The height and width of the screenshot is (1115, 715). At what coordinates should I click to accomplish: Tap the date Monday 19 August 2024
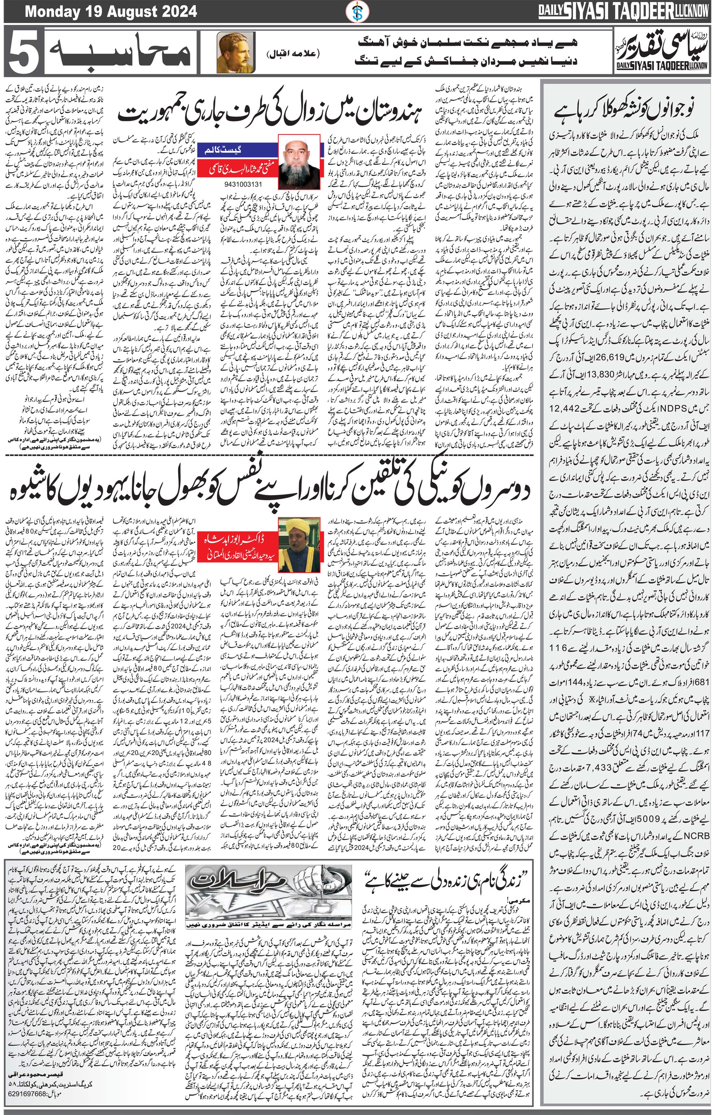tap(111, 11)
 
